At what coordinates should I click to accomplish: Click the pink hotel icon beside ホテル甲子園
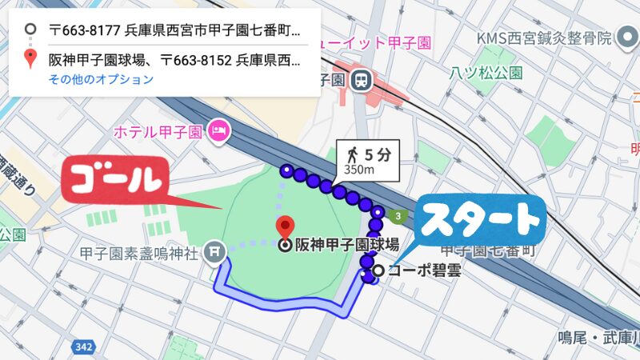[218, 129]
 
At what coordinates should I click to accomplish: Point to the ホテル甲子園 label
[160, 130]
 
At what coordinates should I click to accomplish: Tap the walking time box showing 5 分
[366, 158]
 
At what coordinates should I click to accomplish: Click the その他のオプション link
[101, 79]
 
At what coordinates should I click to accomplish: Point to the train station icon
[362, 79]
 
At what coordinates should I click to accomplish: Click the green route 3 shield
[396, 216]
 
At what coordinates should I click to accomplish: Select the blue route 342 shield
[81, 347]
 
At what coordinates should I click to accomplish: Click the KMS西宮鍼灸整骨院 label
[544, 38]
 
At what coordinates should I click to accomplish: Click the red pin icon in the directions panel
[30, 58]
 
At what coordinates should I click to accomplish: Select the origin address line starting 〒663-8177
[174, 31]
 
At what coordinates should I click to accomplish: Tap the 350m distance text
[358, 169]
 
